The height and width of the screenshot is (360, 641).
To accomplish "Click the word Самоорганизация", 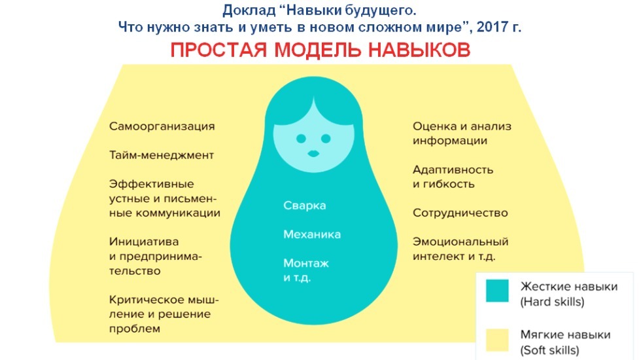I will (162, 126).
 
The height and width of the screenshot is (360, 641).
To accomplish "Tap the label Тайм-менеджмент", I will (161, 156).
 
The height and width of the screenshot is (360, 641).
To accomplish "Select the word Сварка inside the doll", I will (304, 206).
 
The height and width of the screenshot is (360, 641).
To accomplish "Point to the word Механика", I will (312, 234).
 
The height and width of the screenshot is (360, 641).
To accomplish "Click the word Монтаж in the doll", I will (306, 263).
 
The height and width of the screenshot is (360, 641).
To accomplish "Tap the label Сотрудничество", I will (460, 213).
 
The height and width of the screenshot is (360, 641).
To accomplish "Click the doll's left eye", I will (300, 139).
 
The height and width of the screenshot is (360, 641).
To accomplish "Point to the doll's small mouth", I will (314, 154).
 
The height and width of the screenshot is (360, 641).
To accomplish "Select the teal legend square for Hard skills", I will (496, 291).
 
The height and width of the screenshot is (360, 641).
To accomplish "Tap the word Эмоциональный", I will (460, 242).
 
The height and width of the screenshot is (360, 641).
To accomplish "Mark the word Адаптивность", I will (453, 170).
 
